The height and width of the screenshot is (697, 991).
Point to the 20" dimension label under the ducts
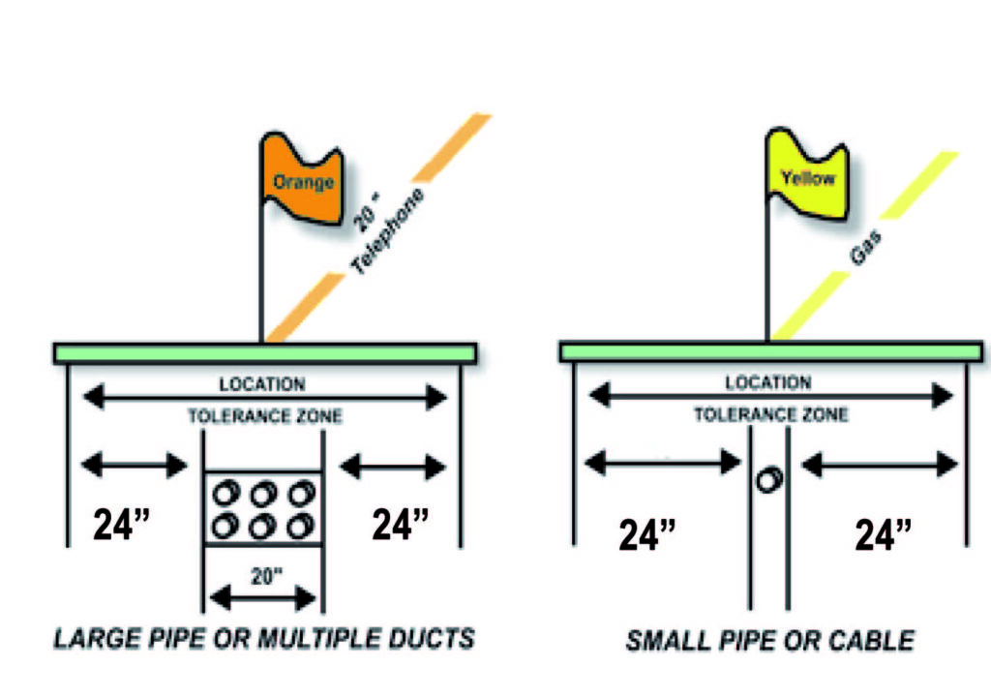coord(262,575)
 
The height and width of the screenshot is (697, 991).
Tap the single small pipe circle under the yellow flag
coord(769,479)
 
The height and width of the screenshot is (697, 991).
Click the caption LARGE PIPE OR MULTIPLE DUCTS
coord(264,639)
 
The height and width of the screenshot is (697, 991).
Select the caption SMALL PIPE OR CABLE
coord(769,640)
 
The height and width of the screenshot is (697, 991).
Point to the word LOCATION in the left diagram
coord(262,384)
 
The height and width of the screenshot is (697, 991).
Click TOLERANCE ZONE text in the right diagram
coord(770,415)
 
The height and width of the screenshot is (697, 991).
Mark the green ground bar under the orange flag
coord(264,353)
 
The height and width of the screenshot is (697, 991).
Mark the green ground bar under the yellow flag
coord(770,350)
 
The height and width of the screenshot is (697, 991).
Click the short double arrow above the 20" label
coord(263,598)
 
